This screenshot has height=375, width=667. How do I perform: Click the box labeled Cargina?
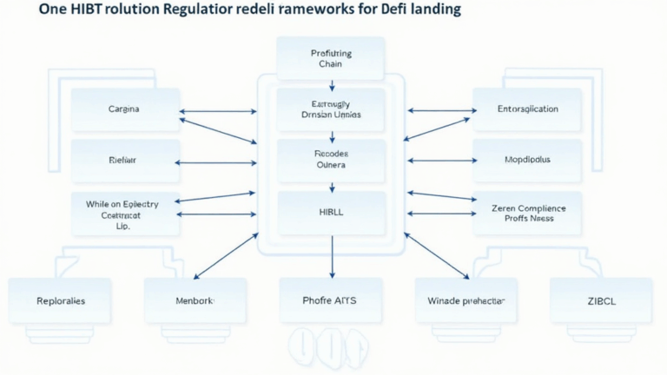[124, 110]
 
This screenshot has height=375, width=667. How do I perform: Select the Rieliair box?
[124, 161]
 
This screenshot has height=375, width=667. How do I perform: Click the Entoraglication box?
[527, 110]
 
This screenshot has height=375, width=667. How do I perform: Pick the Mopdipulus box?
[527, 161]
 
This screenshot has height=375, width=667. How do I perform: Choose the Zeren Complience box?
[527, 214]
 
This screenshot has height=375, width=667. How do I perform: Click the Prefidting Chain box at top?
[331, 58]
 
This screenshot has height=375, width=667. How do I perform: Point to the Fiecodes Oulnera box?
[331, 160]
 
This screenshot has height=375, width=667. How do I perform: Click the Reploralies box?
[60, 300]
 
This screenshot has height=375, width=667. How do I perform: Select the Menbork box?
[195, 300]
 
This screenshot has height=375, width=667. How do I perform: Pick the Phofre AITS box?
[331, 300]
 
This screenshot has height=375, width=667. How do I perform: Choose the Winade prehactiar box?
[466, 300]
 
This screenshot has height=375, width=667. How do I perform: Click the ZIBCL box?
[601, 300]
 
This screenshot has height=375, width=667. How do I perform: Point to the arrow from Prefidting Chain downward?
[332, 85]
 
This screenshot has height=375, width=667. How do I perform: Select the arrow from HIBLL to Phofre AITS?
[332, 256]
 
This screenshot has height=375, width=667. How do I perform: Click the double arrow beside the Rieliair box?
[217, 161]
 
